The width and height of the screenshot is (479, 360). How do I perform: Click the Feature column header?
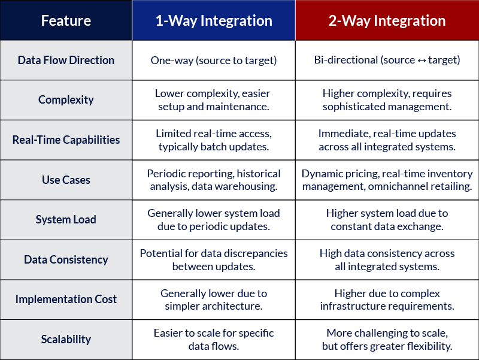point(66,21)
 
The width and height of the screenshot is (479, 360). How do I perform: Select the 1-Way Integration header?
point(214,21)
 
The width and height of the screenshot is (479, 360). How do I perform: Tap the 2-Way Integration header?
point(387,21)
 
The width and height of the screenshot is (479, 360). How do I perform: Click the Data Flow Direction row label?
point(66,60)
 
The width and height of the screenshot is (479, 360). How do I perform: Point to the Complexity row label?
point(66,100)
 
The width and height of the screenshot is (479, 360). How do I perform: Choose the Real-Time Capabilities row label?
point(66,140)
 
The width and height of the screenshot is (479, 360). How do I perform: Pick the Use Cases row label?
point(66,180)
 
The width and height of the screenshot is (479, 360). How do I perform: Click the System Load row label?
point(66,220)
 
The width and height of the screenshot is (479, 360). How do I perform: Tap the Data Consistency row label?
point(66,259)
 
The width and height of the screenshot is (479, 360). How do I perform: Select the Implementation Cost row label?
point(66,300)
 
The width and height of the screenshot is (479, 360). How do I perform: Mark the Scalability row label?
point(66,339)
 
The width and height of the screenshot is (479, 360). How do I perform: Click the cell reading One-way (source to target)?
point(214,60)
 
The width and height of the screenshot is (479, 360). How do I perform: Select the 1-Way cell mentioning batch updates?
point(214,140)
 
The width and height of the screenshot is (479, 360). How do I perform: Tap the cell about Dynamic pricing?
point(387,180)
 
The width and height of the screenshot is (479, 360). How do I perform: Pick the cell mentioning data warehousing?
point(214,180)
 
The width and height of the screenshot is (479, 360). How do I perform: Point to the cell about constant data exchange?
point(387,220)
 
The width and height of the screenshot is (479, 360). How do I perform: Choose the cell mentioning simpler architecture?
point(214,300)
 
